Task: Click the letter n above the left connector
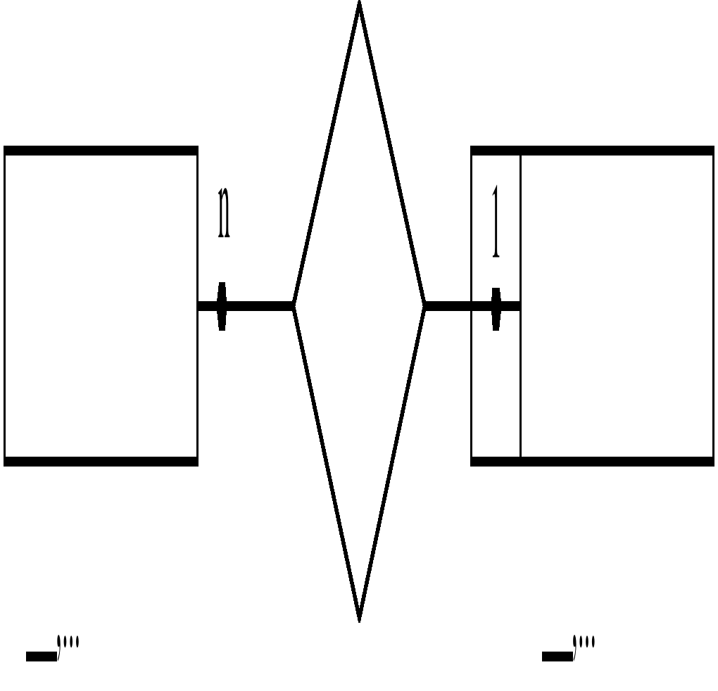[x=224, y=213]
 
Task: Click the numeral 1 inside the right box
[x=496, y=222]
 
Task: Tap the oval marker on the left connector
[x=222, y=306]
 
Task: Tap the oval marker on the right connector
[x=496, y=308]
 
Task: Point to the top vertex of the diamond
[x=359, y=6]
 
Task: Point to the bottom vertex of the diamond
[x=359, y=618]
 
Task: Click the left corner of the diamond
[x=294, y=306]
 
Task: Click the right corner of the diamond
[x=424, y=306]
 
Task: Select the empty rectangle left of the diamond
[x=101, y=306]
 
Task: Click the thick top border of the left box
[x=101, y=151]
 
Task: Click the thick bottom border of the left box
[x=101, y=462]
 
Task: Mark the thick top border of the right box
[x=591, y=151]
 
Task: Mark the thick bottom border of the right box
[x=591, y=462]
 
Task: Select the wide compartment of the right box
[x=617, y=306]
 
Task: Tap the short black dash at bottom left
[x=41, y=657]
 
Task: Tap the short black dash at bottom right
[x=557, y=657]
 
